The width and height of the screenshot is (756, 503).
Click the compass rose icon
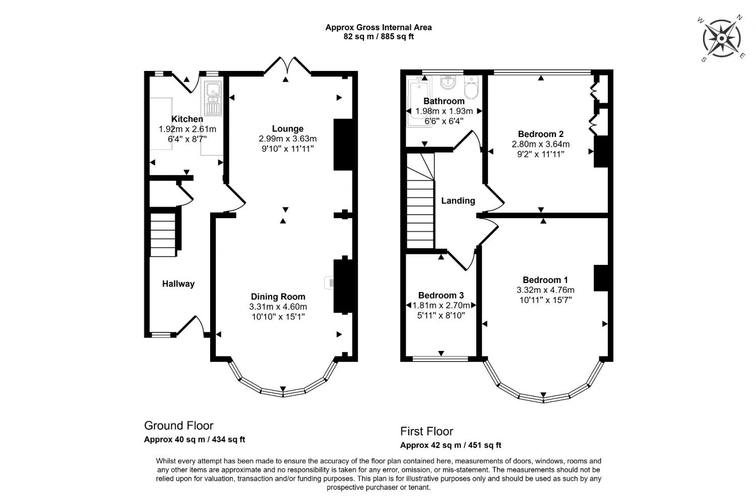722,38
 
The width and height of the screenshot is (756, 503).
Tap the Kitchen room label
187,119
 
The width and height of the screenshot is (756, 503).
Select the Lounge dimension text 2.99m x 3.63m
287,139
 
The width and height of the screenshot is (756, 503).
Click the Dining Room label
278,297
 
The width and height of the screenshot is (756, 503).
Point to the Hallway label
178,284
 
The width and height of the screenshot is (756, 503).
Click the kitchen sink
214,98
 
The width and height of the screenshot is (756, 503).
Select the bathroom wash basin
447,82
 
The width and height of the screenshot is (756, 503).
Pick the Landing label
458,201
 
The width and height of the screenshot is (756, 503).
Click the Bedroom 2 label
540,134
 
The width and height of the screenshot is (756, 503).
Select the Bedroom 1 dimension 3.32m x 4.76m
545,290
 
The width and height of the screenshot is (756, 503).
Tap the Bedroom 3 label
440,296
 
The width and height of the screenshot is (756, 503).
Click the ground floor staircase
163,234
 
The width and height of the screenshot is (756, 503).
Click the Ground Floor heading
178,425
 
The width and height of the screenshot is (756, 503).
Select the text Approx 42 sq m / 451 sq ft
451,445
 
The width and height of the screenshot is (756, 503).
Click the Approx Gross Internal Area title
378,27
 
